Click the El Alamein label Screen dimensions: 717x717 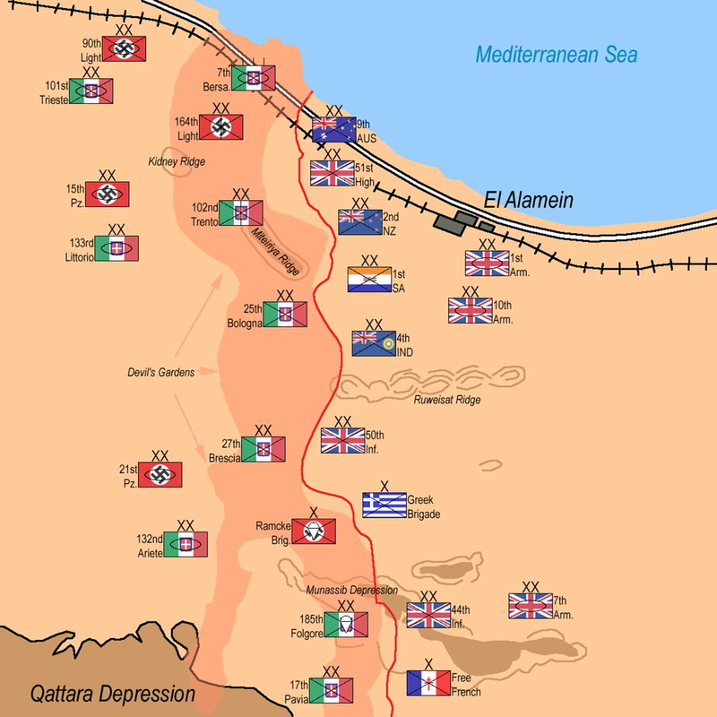pyautogui.click(x=529, y=200)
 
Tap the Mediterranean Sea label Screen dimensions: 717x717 pyautogui.click(x=556, y=55)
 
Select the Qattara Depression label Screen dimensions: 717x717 pyautogui.click(x=112, y=693)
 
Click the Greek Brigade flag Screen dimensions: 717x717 pyautogui.click(x=384, y=505)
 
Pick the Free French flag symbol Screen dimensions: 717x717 pyautogui.click(x=428, y=683)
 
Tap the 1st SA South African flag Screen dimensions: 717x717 pyautogui.click(x=369, y=280)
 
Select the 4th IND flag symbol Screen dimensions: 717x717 pyautogui.click(x=374, y=343)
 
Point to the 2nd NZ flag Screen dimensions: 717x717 pyautogui.click(x=359, y=221)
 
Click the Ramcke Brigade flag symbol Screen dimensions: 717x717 pyautogui.click(x=314, y=531)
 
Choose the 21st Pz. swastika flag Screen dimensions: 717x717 pyautogui.click(x=160, y=475)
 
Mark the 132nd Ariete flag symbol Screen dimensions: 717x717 pyautogui.click(x=186, y=544)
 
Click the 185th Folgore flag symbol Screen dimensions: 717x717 pyautogui.click(x=345, y=626)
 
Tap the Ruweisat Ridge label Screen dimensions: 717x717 pyautogui.click(x=447, y=400)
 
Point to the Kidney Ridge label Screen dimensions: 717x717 pyautogui.click(x=177, y=161)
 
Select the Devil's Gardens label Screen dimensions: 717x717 pyautogui.click(x=160, y=372)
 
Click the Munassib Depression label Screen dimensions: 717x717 pyautogui.click(x=350, y=590)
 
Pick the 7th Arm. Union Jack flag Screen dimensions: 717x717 pyautogui.click(x=530, y=607)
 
